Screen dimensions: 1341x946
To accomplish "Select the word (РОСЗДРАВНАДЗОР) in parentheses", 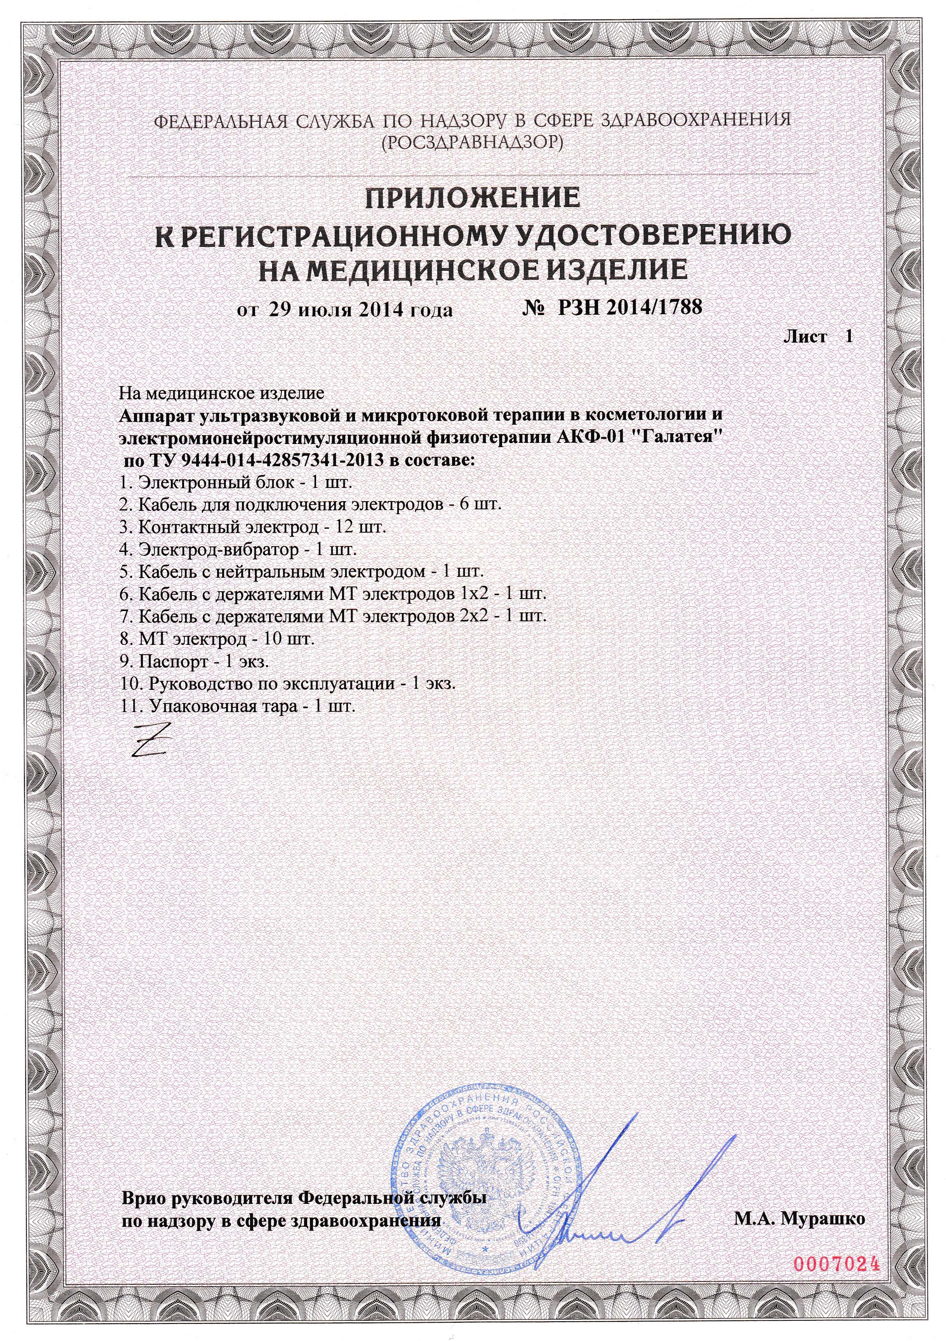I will [x=472, y=142].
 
